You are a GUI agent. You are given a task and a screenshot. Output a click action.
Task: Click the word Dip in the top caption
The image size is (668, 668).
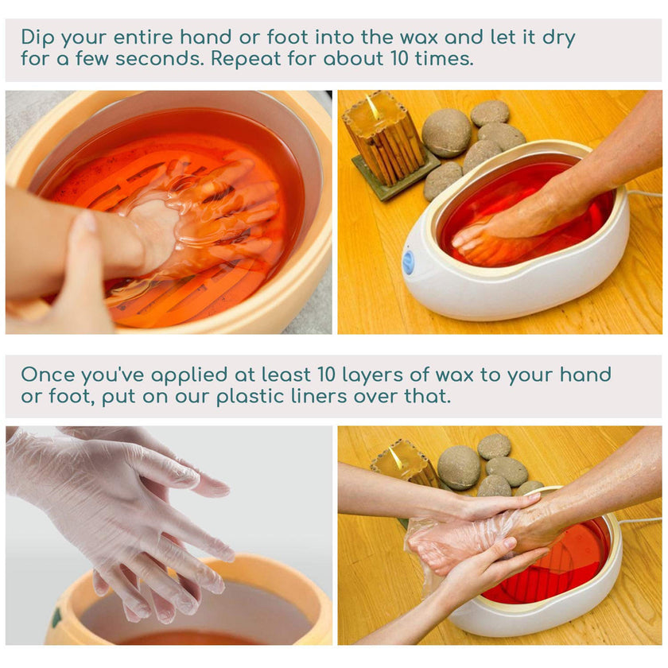point(37,37)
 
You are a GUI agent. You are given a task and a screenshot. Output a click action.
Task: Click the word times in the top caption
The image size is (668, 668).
point(441,59)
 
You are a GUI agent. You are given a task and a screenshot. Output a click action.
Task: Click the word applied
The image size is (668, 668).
point(193,375)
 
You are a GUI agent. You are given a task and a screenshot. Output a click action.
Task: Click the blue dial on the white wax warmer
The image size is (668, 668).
point(409,262)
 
